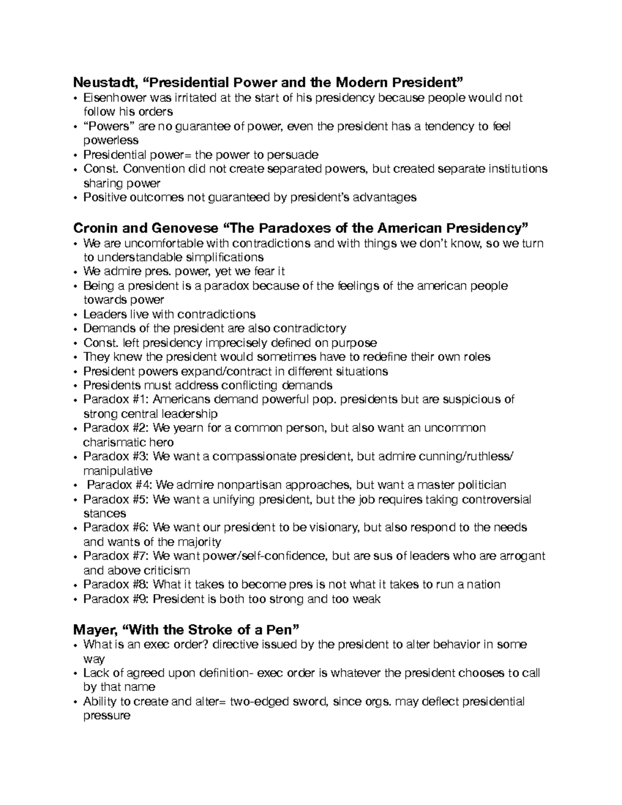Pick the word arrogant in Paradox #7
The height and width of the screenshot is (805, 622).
pyautogui.click(x=522, y=556)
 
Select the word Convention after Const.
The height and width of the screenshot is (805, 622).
pyautogui.click(x=154, y=169)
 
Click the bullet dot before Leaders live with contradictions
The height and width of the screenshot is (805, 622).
pyautogui.click(x=76, y=315)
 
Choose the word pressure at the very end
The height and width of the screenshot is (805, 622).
pyautogui.click(x=107, y=716)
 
